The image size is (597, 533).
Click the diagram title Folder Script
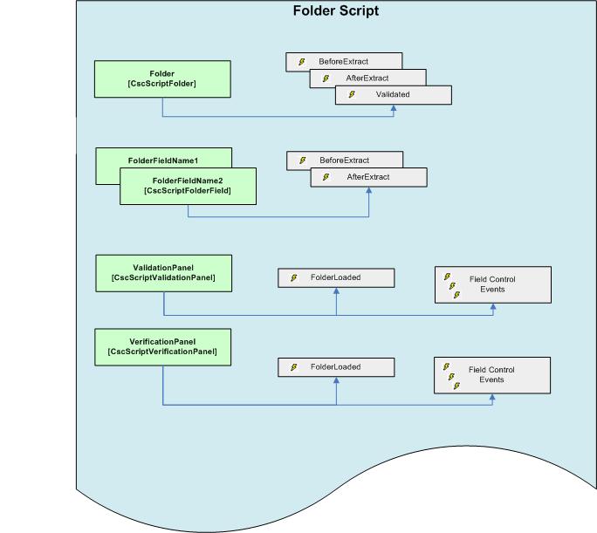(x=335, y=11)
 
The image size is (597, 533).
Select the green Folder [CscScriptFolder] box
(x=162, y=79)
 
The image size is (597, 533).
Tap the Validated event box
(x=393, y=94)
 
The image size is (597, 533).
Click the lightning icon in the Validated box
(x=352, y=94)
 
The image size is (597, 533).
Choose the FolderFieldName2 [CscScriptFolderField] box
(x=188, y=186)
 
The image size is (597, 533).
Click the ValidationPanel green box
(x=163, y=273)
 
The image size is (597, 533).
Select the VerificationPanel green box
(x=162, y=346)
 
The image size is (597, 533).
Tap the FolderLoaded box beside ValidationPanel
(x=336, y=277)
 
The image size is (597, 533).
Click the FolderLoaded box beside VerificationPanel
(x=336, y=367)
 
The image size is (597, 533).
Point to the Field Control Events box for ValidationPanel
(x=492, y=284)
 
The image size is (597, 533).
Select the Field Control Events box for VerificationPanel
(x=492, y=375)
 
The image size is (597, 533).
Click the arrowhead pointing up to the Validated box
(x=394, y=109)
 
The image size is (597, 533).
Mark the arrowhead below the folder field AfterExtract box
(x=368, y=191)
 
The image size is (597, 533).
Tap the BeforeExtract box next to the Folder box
(x=344, y=62)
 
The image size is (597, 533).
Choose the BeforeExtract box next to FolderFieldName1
(x=344, y=161)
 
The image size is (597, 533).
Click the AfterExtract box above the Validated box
(x=367, y=78)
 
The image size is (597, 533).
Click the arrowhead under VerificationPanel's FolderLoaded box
(x=336, y=381)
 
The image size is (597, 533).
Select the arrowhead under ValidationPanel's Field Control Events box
(x=493, y=307)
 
